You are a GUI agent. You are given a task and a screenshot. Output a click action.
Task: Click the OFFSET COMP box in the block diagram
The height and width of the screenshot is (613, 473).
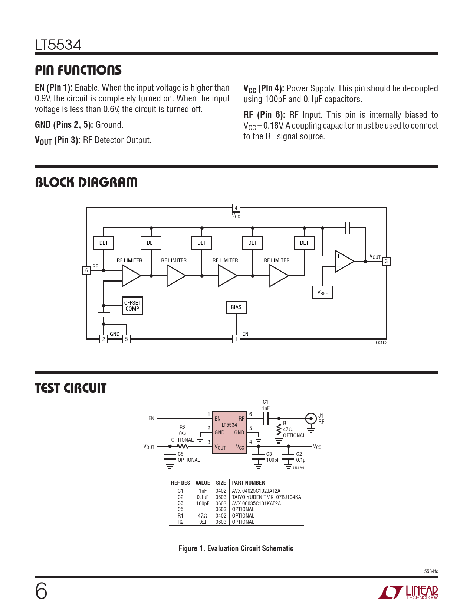click(132, 306)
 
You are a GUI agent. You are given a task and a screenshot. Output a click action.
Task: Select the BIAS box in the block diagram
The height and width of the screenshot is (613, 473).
click(236, 307)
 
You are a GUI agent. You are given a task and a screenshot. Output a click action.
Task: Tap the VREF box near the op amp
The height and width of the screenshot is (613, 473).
click(322, 293)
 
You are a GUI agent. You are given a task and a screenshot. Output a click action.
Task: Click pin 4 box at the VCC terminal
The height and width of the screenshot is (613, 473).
click(236, 208)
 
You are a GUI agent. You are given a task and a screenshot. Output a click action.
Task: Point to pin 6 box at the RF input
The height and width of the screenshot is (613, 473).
click(86, 270)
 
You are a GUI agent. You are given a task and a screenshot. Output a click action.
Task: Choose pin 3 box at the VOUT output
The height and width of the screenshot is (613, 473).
click(386, 261)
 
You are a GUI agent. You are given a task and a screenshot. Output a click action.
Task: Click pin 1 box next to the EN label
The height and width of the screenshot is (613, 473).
click(236, 339)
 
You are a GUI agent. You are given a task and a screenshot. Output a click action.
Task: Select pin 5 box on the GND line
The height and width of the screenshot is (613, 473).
click(127, 339)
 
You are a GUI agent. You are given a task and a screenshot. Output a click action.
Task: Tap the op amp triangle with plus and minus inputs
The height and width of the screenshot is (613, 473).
click(344, 261)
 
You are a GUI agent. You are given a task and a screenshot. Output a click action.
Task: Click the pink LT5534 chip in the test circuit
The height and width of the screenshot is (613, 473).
click(229, 432)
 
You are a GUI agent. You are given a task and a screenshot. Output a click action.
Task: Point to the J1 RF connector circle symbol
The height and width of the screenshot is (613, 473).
click(311, 419)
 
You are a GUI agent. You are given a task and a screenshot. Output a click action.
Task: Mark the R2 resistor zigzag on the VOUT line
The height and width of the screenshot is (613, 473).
click(183, 447)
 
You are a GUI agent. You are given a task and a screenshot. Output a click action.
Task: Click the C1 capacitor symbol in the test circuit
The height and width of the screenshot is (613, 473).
click(266, 419)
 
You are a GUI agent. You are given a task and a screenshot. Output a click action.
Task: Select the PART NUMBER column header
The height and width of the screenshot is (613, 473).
click(248, 483)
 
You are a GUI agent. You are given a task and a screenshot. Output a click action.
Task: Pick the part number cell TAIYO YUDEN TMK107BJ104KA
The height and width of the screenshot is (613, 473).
click(266, 497)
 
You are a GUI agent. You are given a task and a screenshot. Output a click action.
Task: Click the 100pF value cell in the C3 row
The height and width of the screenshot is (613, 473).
click(203, 503)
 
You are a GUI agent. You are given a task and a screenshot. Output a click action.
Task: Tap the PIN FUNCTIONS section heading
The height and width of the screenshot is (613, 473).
click(78, 70)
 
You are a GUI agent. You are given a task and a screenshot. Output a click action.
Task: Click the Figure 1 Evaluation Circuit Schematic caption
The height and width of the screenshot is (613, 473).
click(236, 548)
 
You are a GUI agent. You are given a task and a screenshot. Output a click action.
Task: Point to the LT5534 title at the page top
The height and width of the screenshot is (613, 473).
click(58, 45)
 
